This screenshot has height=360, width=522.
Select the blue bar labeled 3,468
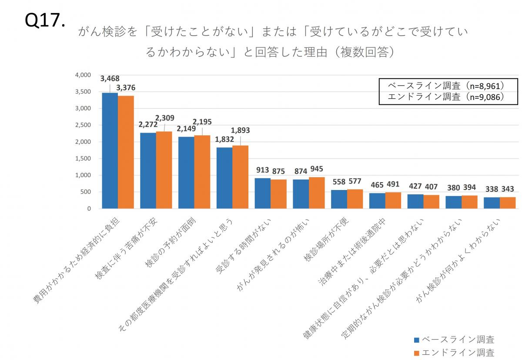point(110,150)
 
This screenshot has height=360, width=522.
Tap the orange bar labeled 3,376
point(126,152)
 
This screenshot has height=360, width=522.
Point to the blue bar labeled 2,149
point(186,173)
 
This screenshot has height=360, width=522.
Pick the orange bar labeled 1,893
point(240,177)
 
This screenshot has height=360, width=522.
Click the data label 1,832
point(225,139)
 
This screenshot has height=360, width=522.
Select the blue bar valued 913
point(262,193)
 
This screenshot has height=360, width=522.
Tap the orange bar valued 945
point(317,193)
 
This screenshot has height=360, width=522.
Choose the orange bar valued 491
point(393,200)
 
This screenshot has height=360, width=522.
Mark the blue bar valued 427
point(415,201)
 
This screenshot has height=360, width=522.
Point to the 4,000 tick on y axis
point(83,75)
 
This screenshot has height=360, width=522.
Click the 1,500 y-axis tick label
point(83,159)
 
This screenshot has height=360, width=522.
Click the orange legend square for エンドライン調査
point(416,353)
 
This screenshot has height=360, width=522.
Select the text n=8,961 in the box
point(484,85)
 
